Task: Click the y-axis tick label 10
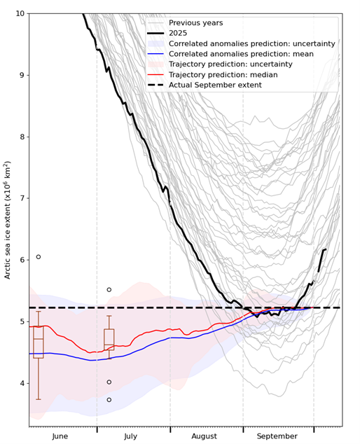(x=18, y=13)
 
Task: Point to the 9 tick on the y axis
(x=21, y=75)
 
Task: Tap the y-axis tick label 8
(x=21, y=137)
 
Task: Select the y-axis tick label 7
(x=21, y=198)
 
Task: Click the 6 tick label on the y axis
(x=21, y=260)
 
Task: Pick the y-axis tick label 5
(x=21, y=321)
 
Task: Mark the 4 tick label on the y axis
(x=21, y=383)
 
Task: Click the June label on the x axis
(x=60, y=436)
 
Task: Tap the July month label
(x=130, y=436)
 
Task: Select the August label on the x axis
(x=204, y=436)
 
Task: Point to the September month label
(x=277, y=436)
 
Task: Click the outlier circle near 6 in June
(x=39, y=257)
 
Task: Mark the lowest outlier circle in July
(x=109, y=400)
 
